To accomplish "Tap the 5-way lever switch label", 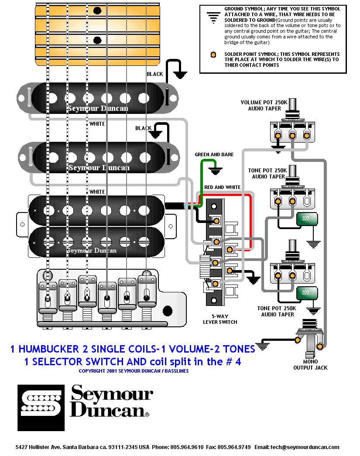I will [x=220, y=319].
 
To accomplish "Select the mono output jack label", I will [x=310, y=364].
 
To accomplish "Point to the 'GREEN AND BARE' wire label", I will [x=214, y=154].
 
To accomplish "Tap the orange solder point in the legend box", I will [x=213, y=55].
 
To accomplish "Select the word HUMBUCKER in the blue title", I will [x=46, y=349].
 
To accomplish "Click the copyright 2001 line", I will [x=134, y=371].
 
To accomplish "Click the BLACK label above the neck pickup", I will [x=154, y=74].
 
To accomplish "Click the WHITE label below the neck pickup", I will [x=97, y=123].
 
